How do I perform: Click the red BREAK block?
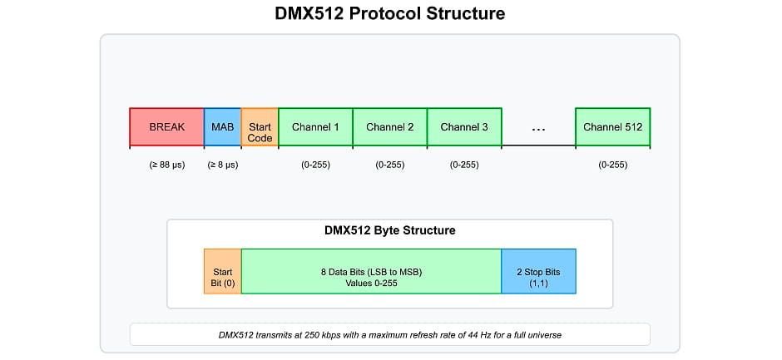pos(166,127)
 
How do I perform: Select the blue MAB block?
pos(222,127)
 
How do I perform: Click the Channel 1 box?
pos(315,127)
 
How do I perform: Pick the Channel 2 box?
pos(389,127)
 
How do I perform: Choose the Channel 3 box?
pos(464,127)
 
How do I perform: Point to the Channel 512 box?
pos(612,127)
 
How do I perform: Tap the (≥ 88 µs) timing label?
pos(166,165)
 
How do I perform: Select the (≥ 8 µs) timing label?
pos(222,165)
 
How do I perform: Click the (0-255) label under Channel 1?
pos(315,165)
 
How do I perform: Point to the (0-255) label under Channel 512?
pos(612,165)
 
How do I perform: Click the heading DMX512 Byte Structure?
pos(389,230)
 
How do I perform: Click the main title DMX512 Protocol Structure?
pos(389,14)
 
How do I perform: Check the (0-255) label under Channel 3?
pos(464,165)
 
